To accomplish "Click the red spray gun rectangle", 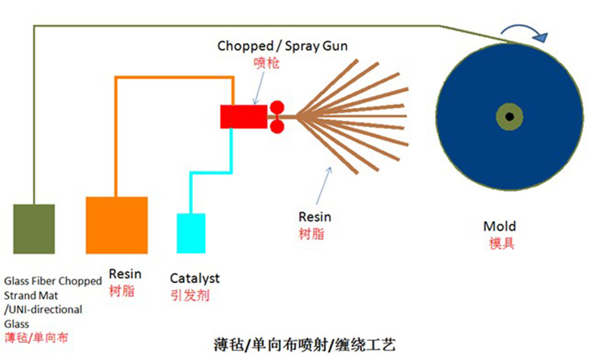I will (x=243, y=116).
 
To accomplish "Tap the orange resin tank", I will (x=117, y=225).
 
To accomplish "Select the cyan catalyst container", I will (x=191, y=233).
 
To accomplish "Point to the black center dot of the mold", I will (x=509, y=117).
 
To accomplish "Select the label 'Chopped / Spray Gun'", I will (x=282, y=46).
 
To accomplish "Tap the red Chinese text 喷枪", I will (x=266, y=64).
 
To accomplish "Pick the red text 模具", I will (x=501, y=243).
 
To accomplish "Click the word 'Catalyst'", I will (x=195, y=278).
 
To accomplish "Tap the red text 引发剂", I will (x=189, y=295).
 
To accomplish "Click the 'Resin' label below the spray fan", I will (x=314, y=217).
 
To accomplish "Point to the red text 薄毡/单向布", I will (x=36, y=337).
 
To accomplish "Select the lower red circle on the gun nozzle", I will (x=276, y=126).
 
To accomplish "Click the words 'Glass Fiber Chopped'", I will (x=53, y=281).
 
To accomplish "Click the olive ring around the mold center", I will (x=509, y=109).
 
